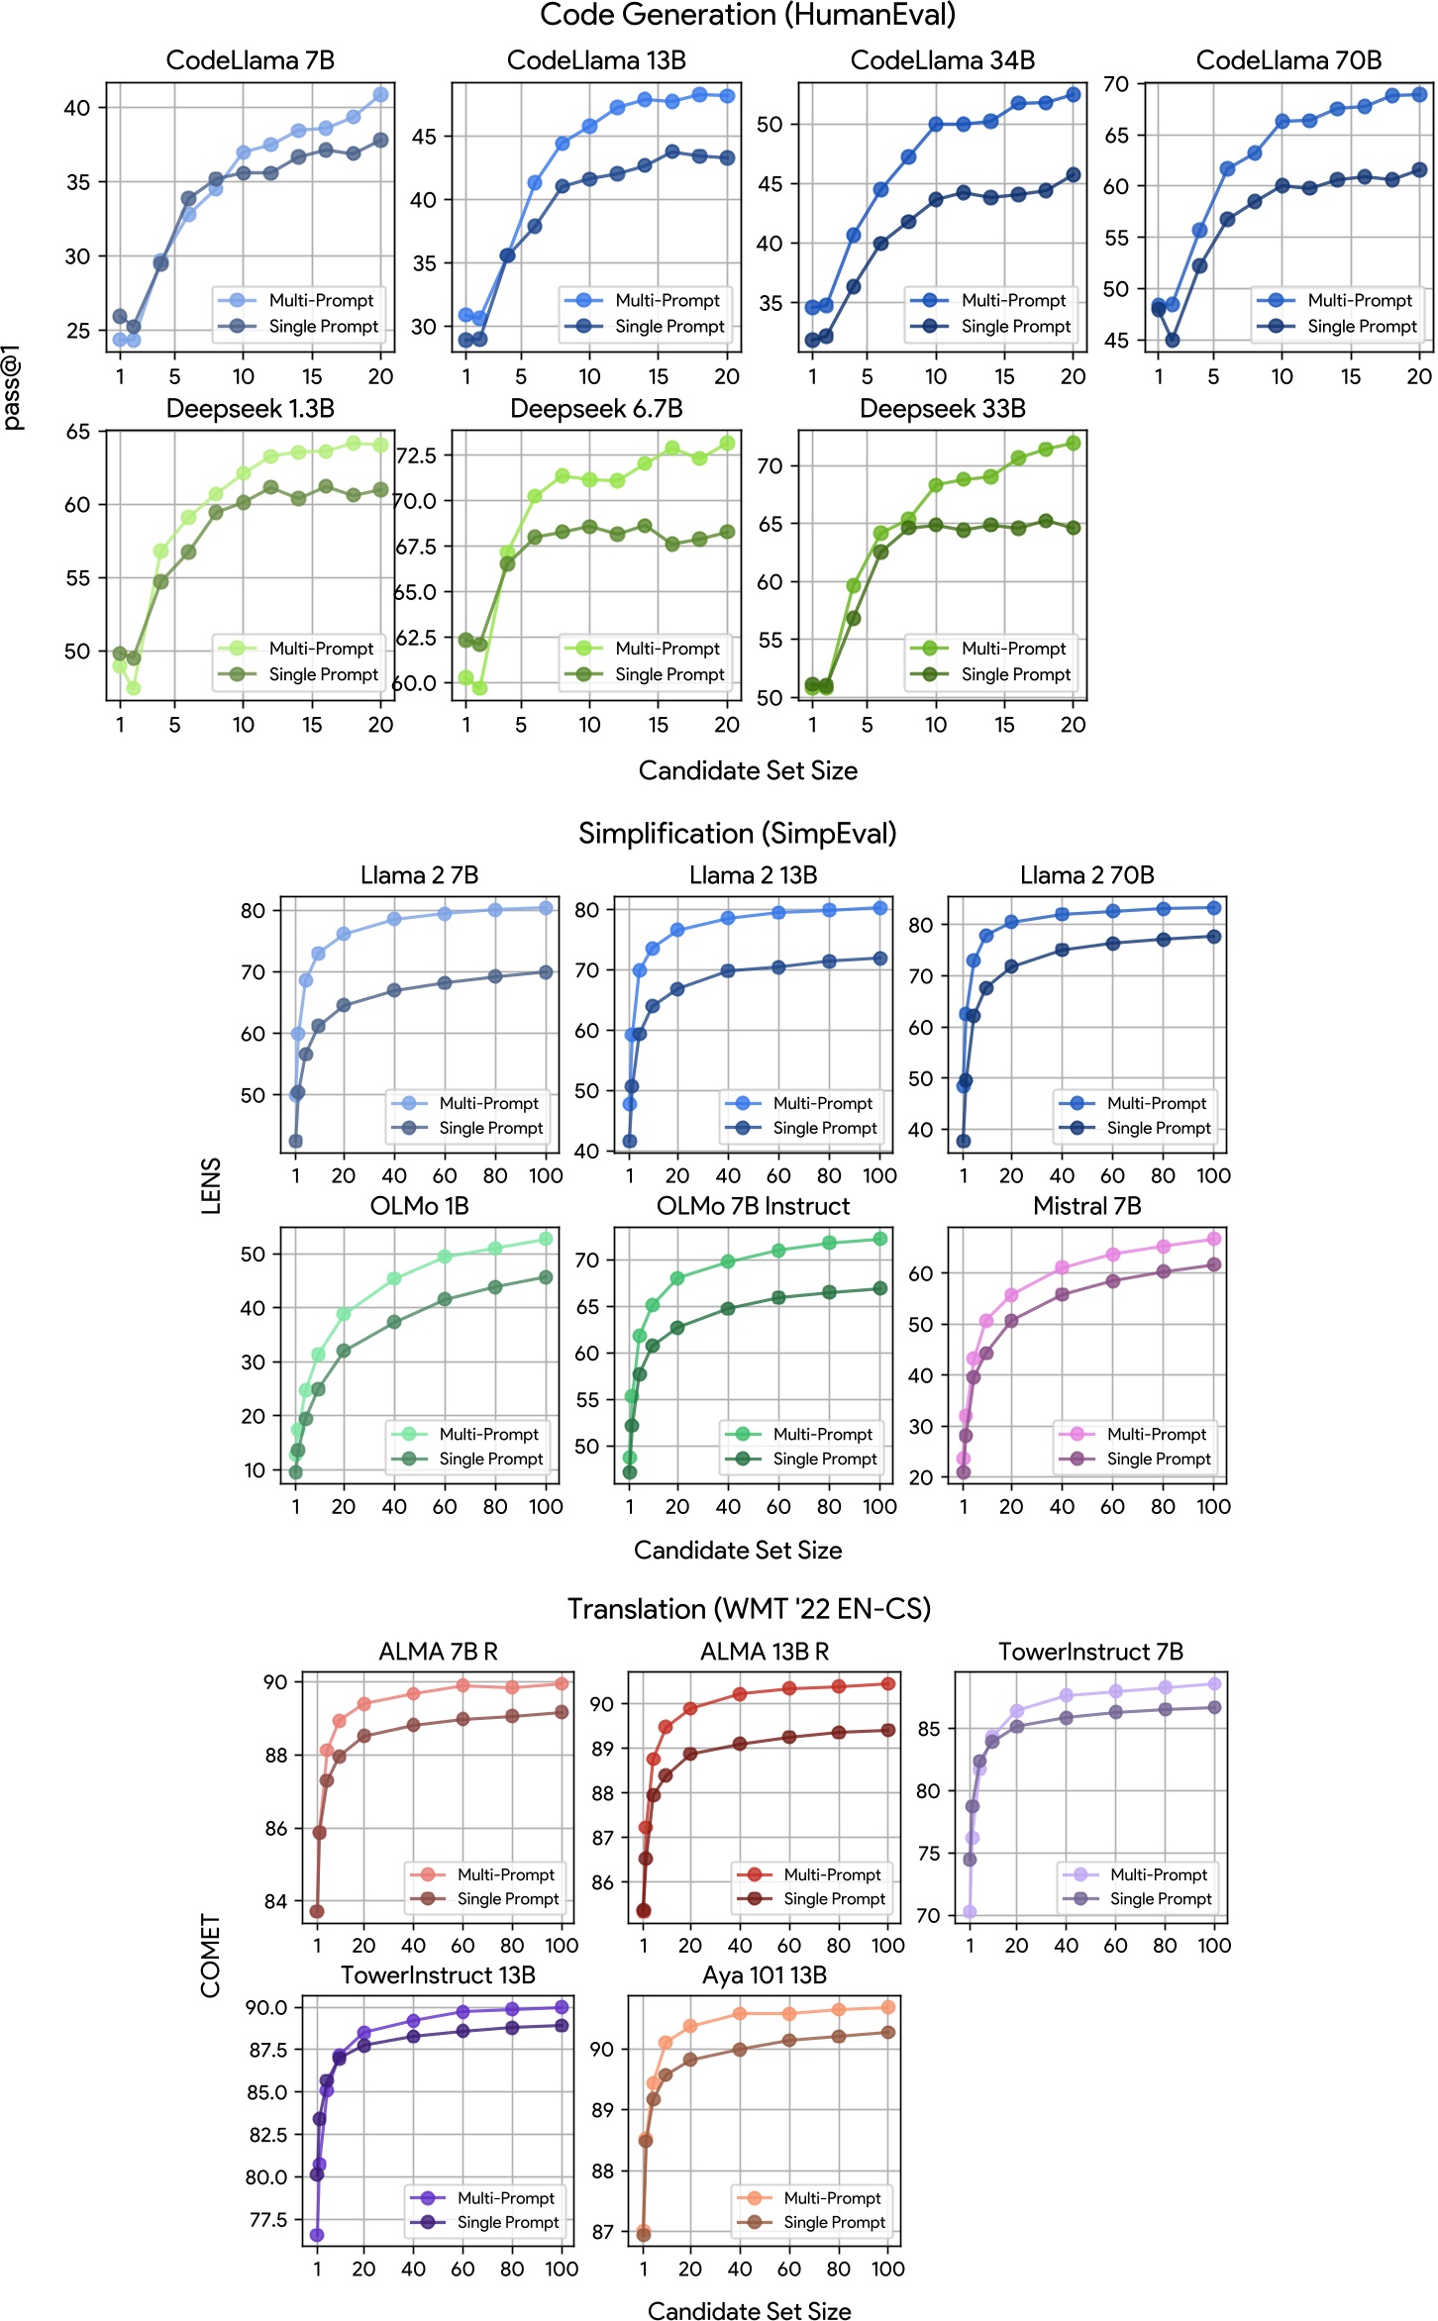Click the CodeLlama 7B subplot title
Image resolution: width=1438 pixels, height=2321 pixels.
[x=250, y=60]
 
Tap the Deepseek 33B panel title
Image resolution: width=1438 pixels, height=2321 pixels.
[x=942, y=409]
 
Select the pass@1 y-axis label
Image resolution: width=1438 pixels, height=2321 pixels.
[x=12, y=394]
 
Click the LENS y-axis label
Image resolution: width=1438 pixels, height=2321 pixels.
[x=211, y=1185]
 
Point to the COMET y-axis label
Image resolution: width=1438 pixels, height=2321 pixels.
[x=210, y=1956]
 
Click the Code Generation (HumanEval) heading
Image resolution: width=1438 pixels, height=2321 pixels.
[x=748, y=15]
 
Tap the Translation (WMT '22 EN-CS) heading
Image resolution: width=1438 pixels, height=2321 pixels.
[x=749, y=1609]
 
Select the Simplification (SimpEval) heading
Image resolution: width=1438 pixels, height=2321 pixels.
[x=738, y=834]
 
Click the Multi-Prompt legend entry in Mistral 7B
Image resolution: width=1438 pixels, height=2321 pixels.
[x=1158, y=1434]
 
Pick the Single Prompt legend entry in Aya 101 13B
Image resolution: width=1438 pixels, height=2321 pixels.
[x=834, y=2222]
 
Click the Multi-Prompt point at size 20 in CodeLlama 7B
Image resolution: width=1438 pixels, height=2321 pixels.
[x=380, y=94]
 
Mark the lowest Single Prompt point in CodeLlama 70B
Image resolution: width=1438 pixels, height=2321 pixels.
[x=1173, y=340]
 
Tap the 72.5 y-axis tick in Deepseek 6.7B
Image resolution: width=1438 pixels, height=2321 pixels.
[x=416, y=455]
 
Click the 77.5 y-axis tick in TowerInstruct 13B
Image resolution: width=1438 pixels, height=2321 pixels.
[x=267, y=2219]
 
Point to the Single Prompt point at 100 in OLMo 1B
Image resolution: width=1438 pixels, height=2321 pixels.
[x=546, y=1277]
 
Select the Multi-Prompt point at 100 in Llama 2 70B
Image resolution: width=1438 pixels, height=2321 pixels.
[x=1214, y=908]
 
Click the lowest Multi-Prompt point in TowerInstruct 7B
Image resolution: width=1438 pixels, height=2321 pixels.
[x=970, y=1911]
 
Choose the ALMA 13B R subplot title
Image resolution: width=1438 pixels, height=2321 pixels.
[x=765, y=1652]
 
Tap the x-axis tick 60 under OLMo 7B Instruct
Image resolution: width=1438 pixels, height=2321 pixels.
[x=778, y=1506]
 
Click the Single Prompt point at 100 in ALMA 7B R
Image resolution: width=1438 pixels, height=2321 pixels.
[x=562, y=1712]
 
